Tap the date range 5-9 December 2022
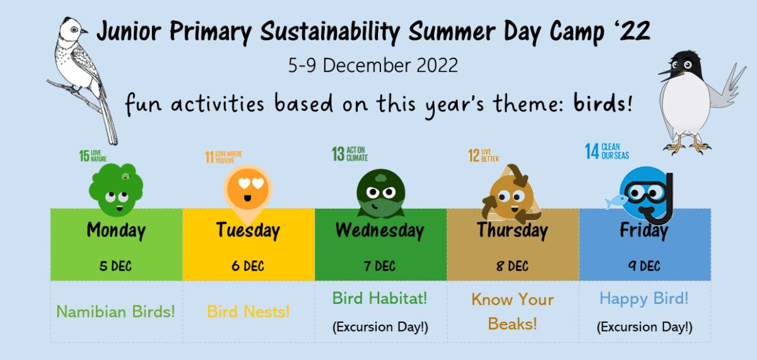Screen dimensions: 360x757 [x=373, y=66]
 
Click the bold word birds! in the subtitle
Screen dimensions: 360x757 [x=602, y=103]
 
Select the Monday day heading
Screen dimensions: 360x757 [x=116, y=230]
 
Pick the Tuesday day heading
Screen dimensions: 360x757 [x=248, y=230]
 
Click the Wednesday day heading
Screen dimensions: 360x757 [x=380, y=230]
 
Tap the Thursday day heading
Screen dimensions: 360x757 [x=512, y=230]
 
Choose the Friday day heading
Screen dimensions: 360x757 [x=643, y=230]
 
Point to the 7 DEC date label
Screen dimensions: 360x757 [x=380, y=266]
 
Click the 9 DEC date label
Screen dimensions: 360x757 [x=644, y=266]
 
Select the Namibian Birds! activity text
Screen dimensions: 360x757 [x=116, y=311]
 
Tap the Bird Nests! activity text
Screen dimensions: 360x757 [x=248, y=311]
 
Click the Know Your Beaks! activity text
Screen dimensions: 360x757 [x=512, y=311]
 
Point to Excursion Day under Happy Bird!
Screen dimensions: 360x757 [x=644, y=327]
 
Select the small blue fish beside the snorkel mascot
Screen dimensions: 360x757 [x=613, y=202]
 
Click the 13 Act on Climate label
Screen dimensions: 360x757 [x=350, y=154]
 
